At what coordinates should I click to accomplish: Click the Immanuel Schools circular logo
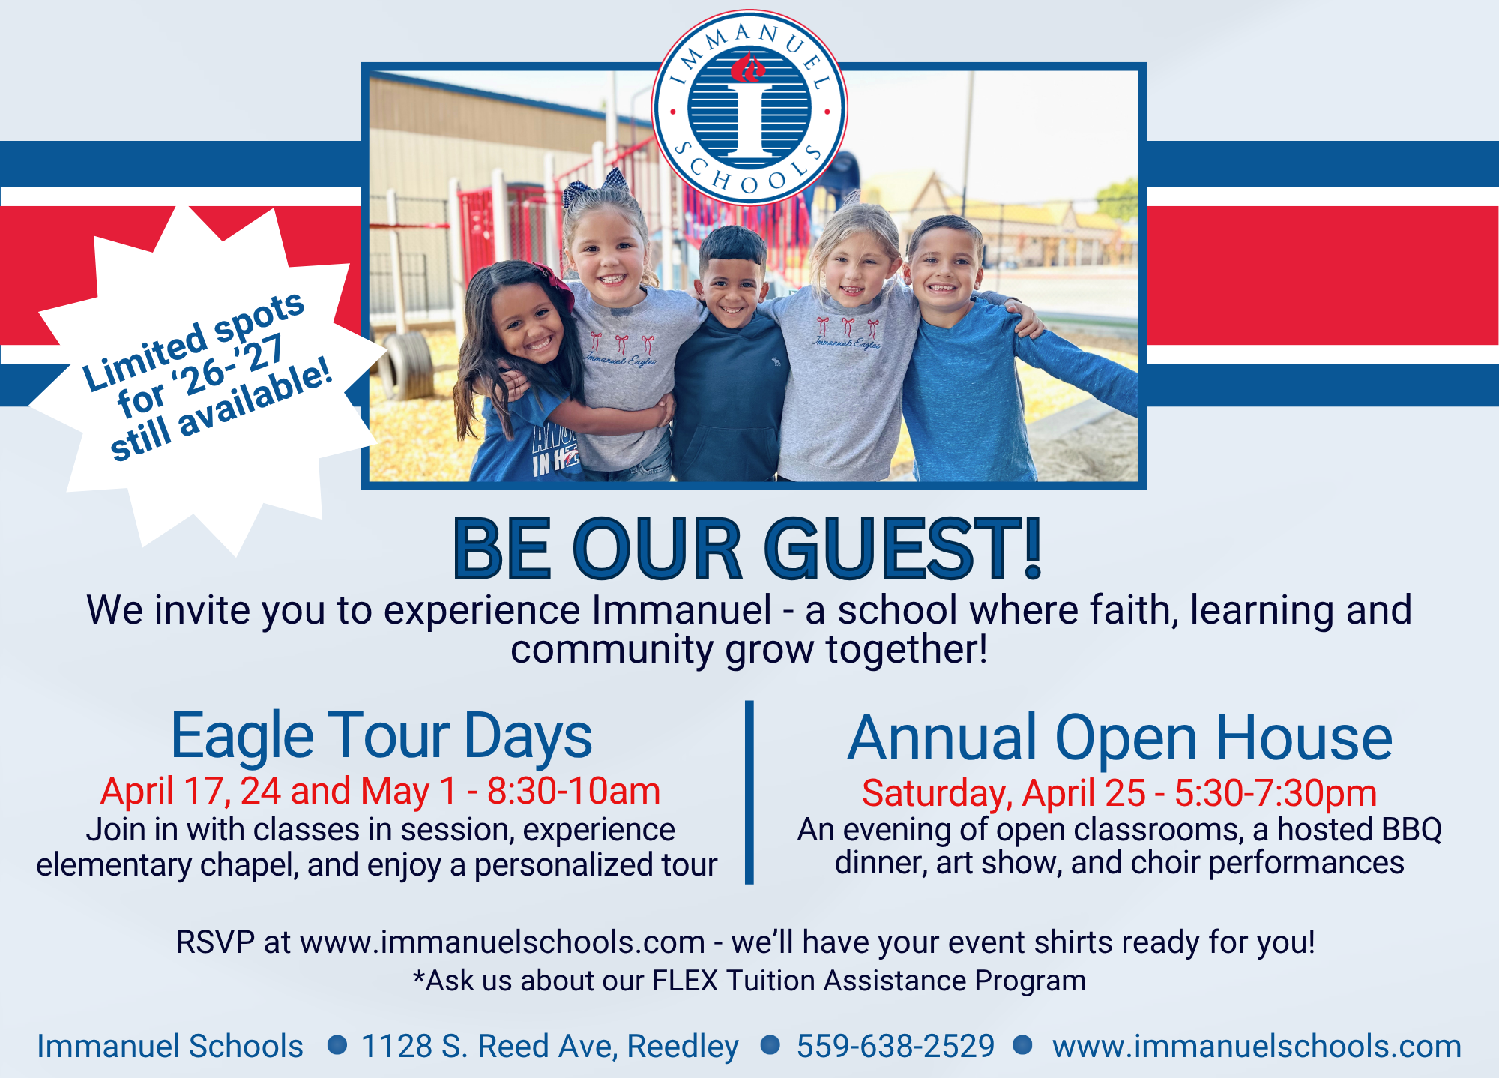pyautogui.click(x=749, y=108)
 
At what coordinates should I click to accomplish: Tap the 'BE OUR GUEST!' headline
pyautogui.click(x=748, y=549)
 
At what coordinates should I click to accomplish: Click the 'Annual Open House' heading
pyautogui.click(x=1120, y=738)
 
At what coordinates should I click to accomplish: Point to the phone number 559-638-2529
pyautogui.click(x=896, y=1046)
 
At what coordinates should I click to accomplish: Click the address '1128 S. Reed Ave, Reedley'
pyautogui.click(x=550, y=1047)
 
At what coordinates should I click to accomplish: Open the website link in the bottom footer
pyautogui.click(x=1257, y=1047)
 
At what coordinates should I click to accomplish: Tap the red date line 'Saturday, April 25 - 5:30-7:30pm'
pyautogui.click(x=1120, y=793)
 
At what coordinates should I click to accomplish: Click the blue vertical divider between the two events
pyautogui.click(x=749, y=792)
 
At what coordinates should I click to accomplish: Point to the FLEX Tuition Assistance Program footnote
pyautogui.click(x=749, y=981)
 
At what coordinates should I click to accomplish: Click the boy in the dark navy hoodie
pyautogui.click(x=729, y=360)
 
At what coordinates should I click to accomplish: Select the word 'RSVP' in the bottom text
pyautogui.click(x=216, y=942)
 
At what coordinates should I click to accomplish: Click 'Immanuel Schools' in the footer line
pyautogui.click(x=170, y=1047)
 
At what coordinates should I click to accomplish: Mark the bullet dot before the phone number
pyautogui.click(x=770, y=1044)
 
